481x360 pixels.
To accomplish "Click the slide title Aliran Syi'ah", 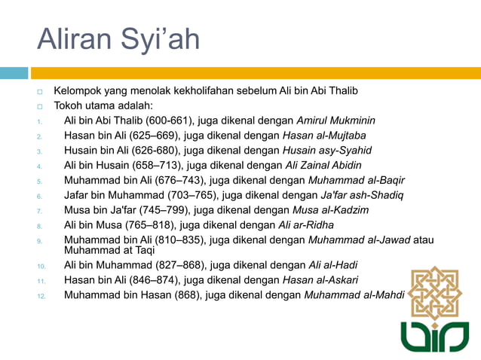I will pyautogui.click(x=118, y=39).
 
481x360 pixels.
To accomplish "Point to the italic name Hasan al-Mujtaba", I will pyautogui.click(x=323, y=136).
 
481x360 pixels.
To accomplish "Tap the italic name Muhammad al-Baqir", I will pyautogui.click(x=357, y=181).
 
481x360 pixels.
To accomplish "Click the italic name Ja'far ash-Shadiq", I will pyautogui.click(x=361, y=196).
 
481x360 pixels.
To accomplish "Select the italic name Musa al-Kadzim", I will pyautogui.click(x=332, y=210).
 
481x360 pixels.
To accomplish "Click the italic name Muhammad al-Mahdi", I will pyautogui.click(x=354, y=295).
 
